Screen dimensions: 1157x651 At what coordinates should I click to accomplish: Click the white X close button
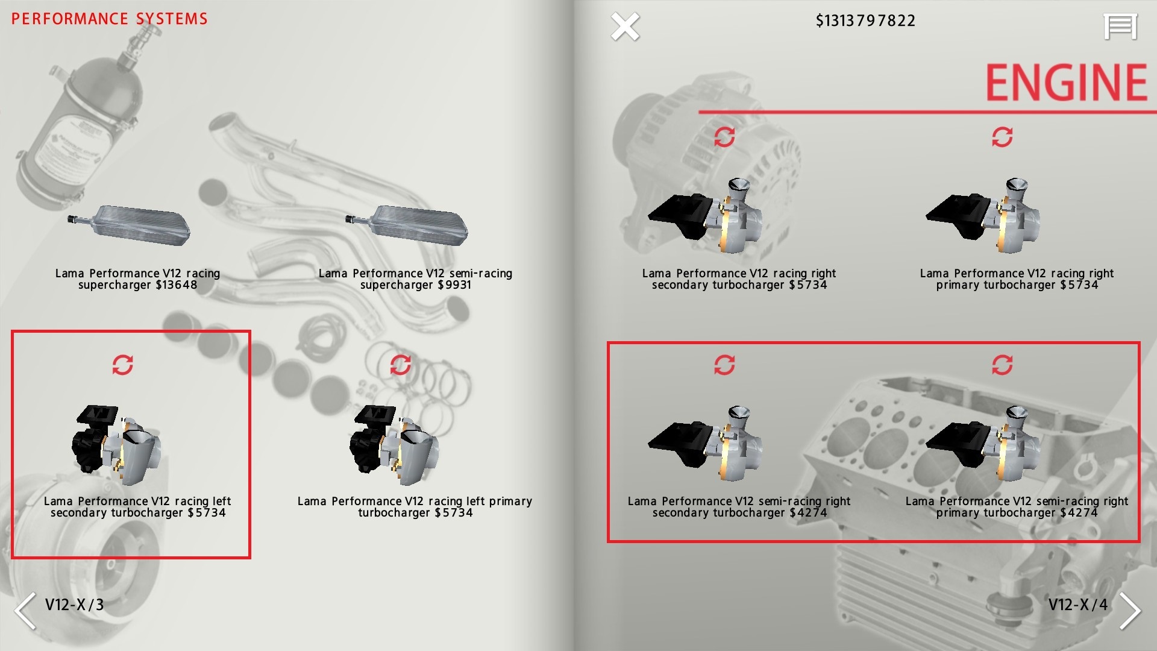tap(625, 27)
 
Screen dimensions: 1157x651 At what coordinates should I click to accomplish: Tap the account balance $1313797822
tap(865, 21)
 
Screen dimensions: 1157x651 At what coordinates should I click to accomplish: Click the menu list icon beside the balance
tap(1120, 27)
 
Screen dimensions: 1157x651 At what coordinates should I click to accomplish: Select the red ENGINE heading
tap(1066, 83)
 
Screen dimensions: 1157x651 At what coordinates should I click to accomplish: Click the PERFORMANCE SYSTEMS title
tap(110, 19)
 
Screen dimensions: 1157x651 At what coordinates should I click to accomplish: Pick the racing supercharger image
tap(129, 225)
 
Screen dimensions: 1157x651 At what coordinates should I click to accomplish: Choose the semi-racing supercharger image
tap(407, 225)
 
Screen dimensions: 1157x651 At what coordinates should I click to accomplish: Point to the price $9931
tap(454, 285)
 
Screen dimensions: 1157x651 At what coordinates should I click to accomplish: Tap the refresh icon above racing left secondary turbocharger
tap(122, 365)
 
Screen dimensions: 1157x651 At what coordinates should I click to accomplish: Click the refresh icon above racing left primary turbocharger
tap(400, 365)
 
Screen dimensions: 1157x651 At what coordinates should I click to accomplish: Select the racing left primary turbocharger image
tap(394, 445)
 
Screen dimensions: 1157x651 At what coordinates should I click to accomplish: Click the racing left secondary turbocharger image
tap(116, 445)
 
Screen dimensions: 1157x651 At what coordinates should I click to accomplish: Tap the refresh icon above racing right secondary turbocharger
tap(724, 137)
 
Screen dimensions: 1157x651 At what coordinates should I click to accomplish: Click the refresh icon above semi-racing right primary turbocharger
tap(1002, 365)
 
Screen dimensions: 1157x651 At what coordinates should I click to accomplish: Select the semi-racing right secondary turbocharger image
tap(705, 443)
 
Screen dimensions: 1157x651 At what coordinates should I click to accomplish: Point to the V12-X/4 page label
tap(1078, 605)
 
